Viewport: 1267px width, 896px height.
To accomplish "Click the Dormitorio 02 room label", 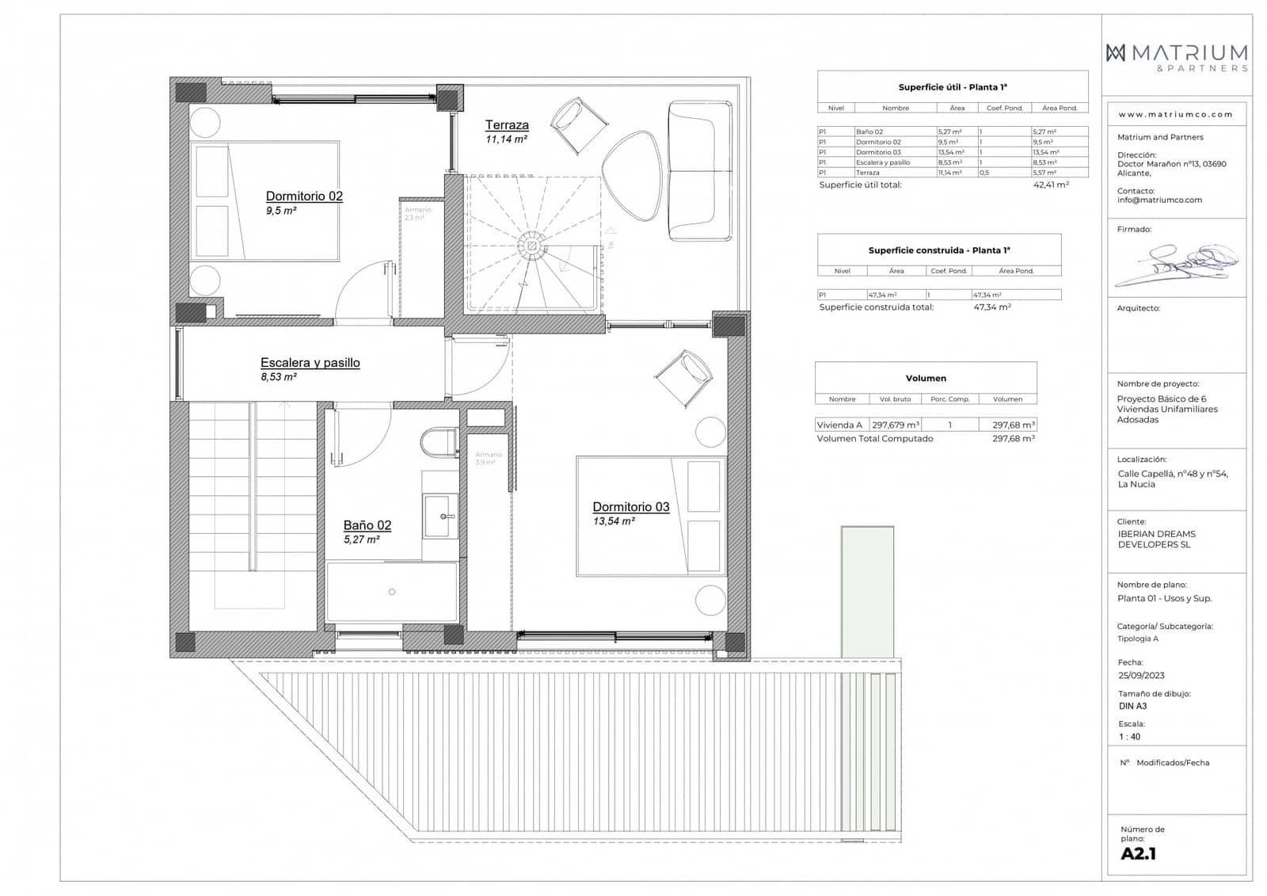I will [304, 196].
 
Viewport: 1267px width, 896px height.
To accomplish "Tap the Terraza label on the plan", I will [507, 125].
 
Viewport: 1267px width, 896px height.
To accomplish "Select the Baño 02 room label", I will [367, 525].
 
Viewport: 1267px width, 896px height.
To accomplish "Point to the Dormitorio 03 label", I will [630, 507].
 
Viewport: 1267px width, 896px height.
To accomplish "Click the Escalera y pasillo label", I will [310, 363].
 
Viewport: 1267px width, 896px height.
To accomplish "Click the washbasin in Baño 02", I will [440, 516].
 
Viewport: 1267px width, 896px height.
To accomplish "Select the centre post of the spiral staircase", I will [532, 246].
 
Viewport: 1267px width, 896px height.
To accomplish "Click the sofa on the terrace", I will [700, 170].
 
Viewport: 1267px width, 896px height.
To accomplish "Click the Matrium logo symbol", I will [1116, 53].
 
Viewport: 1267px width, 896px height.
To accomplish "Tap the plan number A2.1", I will [1139, 854].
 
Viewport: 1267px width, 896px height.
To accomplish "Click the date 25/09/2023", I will [1141, 676].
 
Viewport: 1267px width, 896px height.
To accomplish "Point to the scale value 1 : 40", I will [1130, 737].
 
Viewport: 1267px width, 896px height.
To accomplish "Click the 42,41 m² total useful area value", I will [1051, 185].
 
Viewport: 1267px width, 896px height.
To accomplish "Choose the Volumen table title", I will [926, 379].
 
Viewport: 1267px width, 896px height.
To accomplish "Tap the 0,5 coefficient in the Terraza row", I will [984, 173].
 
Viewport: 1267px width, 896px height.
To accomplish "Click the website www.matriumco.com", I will [1175, 114].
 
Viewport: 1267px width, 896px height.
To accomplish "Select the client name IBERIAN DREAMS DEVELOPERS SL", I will [1156, 540].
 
